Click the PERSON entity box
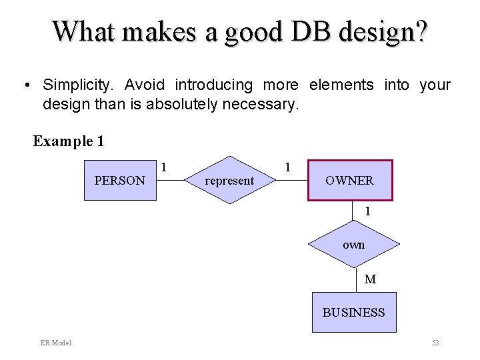point(119,180)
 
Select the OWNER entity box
point(349,180)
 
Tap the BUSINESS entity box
point(354,312)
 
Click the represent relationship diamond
point(229,180)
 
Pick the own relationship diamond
point(353,245)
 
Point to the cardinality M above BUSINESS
point(370,279)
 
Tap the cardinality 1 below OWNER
point(367,211)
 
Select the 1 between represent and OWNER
point(287,166)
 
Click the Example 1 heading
point(69,141)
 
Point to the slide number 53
point(435,343)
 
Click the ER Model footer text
point(56,343)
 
